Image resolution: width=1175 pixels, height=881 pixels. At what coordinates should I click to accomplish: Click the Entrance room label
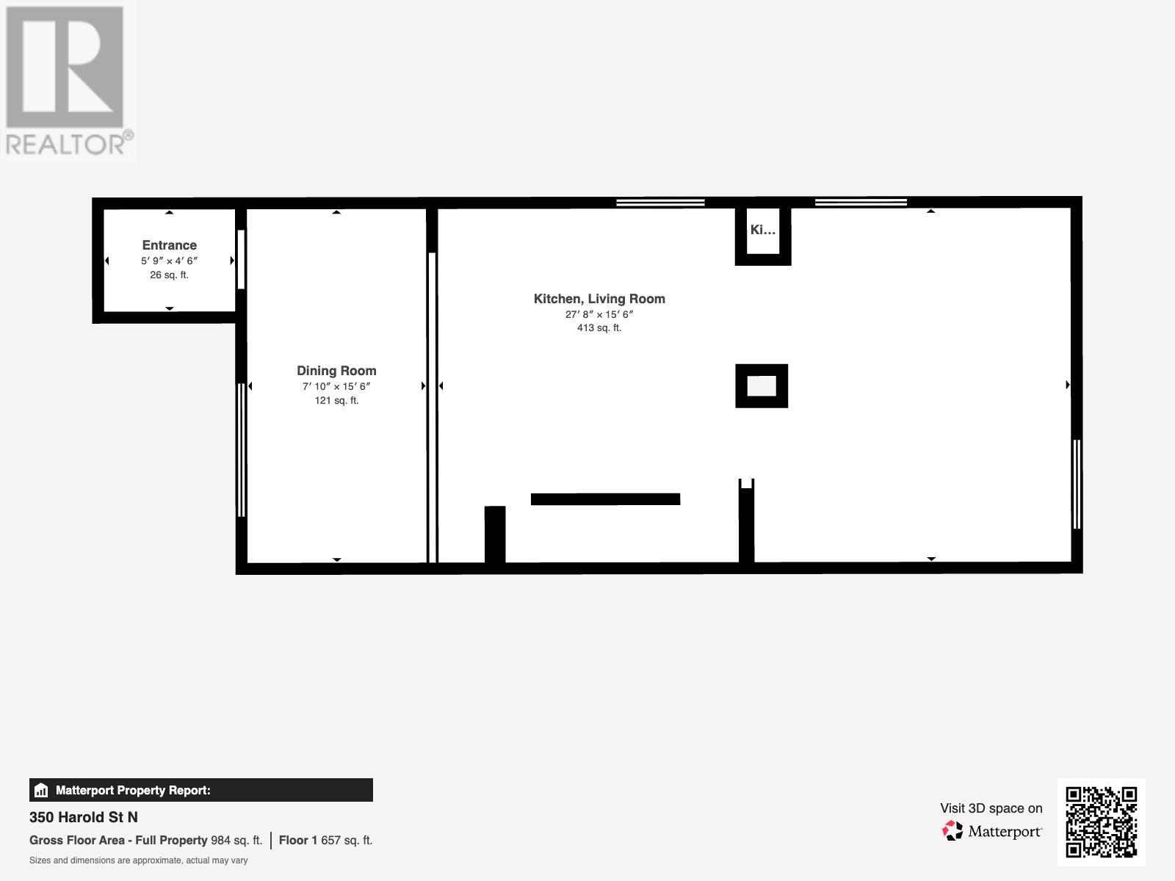pos(169,245)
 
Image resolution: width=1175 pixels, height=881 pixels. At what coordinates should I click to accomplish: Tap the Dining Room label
pos(336,371)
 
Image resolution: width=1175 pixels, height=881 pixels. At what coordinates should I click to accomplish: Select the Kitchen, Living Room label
pos(599,299)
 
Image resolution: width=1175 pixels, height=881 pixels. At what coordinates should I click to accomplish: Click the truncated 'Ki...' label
pos(762,230)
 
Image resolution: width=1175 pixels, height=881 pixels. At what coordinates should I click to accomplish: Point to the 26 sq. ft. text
pos(169,275)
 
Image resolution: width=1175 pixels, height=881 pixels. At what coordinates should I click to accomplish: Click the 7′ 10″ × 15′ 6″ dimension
pos(336,386)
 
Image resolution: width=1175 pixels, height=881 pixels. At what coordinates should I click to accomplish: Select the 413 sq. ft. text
pos(599,328)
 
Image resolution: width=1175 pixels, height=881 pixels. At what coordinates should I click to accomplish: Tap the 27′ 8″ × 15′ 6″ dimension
pos(599,314)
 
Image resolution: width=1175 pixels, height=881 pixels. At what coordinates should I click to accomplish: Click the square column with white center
pos(762,385)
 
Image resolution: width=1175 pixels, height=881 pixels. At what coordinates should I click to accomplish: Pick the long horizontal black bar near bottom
pos(605,499)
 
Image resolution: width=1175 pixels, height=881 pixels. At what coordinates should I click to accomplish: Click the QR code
pos(1101,822)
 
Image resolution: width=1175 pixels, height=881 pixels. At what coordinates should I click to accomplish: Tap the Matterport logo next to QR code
pos(992,831)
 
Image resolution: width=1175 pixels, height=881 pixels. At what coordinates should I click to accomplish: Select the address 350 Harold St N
pos(84,817)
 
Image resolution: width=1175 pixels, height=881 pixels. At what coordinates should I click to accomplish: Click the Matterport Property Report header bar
pos(200,790)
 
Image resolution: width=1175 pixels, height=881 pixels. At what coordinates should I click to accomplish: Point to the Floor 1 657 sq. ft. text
pos(325,840)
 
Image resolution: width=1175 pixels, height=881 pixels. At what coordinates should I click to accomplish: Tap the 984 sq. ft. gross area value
pos(236,840)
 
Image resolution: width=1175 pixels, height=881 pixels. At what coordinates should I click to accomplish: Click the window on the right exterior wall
pos(1077,483)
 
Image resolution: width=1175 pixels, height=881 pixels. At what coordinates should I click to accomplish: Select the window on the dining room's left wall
pos(241,449)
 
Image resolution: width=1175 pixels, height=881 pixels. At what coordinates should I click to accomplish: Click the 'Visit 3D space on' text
pos(991,808)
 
